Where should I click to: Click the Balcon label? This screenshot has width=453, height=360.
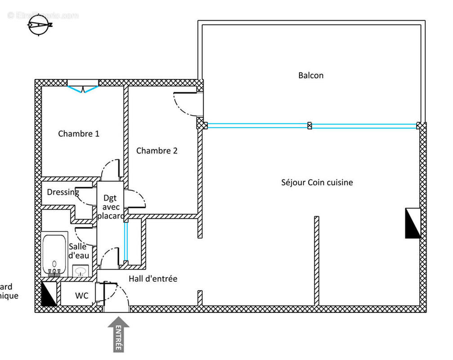(311, 75)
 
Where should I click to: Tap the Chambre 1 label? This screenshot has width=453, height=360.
(79, 134)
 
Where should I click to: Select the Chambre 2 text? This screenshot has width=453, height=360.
(157, 151)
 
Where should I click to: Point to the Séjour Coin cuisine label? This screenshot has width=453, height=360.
(317, 182)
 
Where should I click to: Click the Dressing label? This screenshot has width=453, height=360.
(63, 192)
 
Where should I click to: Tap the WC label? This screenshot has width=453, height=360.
(81, 296)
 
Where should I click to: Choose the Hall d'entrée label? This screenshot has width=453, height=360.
(153, 279)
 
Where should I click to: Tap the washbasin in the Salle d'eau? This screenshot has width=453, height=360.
(81, 271)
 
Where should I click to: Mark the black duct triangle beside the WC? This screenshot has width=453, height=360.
(49, 294)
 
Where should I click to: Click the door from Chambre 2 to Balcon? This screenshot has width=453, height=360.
(188, 104)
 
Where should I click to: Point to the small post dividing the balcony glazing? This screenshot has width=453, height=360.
(309, 126)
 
